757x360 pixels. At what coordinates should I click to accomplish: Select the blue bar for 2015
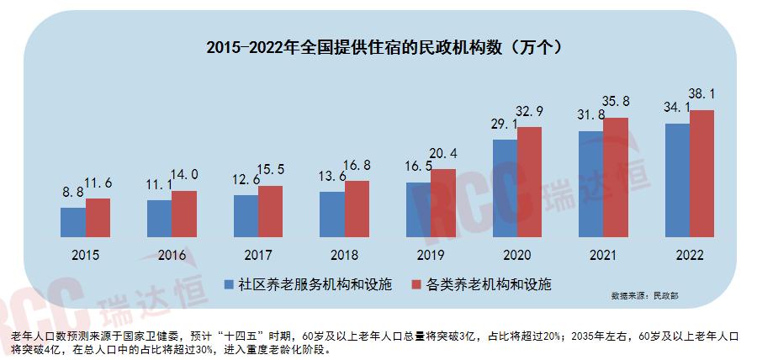tap(73, 221)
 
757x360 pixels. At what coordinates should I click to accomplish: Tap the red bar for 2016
tap(184, 214)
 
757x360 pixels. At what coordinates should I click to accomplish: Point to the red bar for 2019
tap(443, 203)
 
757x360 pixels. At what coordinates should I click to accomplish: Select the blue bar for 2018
tap(332, 214)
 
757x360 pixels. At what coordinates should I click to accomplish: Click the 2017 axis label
tap(258, 255)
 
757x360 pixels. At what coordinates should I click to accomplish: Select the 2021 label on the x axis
tap(602, 255)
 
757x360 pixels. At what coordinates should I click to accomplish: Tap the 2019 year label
tap(431, 255)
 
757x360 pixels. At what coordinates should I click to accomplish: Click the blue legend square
tap(227, 285)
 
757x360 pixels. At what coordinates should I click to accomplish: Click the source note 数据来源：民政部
tap(645, 297)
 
